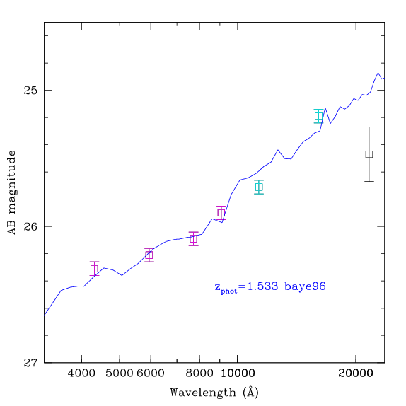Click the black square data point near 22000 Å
coord(369,154)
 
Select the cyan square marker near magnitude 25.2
coord(319,116)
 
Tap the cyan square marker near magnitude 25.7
coord(259,187)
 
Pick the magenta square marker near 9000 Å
coord(221,213)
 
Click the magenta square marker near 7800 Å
coord(193,239)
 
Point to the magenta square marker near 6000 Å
coord(149,255)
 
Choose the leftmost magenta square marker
coord(94,269)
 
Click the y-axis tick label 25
coord(30,91)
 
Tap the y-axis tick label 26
coord(30,226)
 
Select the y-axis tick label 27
coord(30,363)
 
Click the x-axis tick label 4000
coord(81,373)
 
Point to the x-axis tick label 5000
coord(120,373)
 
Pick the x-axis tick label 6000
coord(151,373)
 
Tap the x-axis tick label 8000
coord(199,373)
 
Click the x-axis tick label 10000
coord(238,373)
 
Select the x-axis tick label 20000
coord(356,373)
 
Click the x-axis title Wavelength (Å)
coord(214,393)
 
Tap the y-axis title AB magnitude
coord(12,192)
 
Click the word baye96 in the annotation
coord(305,286)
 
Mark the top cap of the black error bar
coord(369,127)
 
